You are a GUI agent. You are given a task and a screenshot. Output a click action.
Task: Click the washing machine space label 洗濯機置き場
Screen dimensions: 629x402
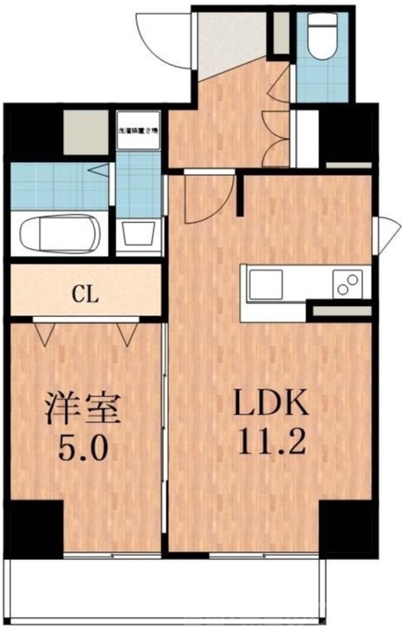click(x=137, y=129)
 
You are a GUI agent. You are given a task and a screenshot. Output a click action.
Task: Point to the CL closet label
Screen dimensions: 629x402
click(x=84, y=294)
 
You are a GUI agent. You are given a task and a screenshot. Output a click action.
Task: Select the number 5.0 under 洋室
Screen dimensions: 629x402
click(x=83, y=449)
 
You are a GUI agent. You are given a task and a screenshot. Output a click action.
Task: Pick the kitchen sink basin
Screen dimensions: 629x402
click(x=265, y=284)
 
